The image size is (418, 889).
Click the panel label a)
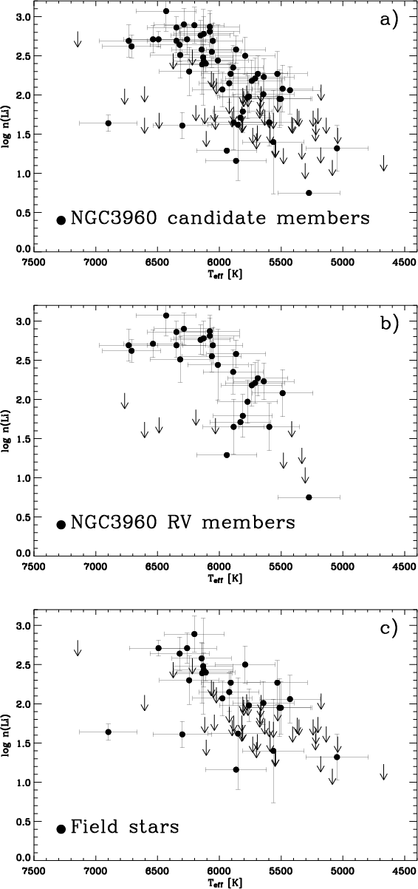tap(388, 19)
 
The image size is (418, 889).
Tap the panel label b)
tap(388, 324)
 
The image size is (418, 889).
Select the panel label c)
tap(388, 628)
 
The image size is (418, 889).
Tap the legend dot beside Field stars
tap(61, 829)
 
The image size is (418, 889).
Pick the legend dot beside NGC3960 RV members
tap(61, 525)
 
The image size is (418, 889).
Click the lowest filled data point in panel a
tap(309, 193)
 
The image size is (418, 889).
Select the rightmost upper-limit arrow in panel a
tap(383, 163)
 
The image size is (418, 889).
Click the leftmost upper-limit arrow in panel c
tap(78, 647)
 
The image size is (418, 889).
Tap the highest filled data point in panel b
tap(166, 316)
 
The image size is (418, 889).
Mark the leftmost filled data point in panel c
tap(109, 732)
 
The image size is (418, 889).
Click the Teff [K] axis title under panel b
tap(225, 579)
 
